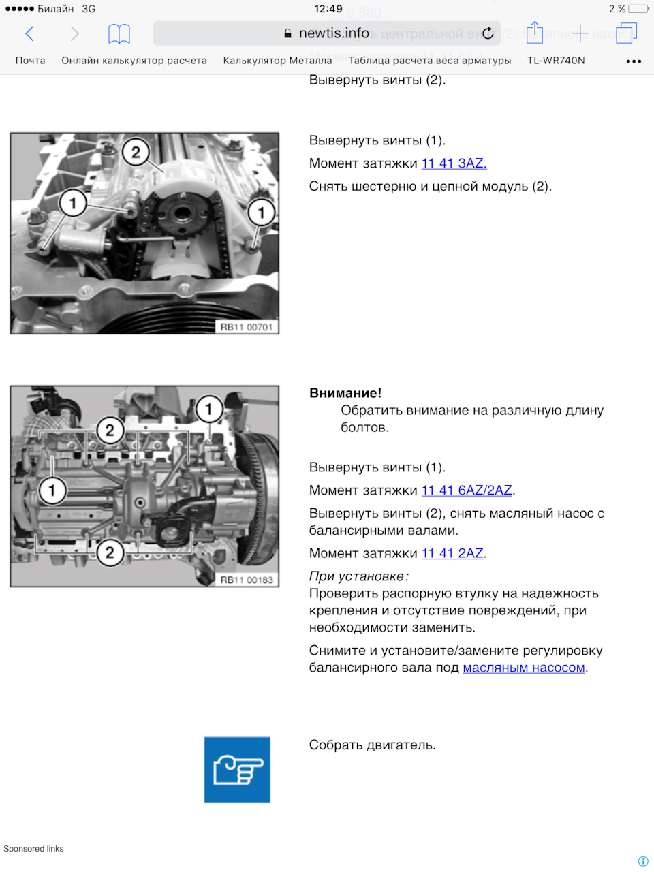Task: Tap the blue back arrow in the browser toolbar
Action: [x=30, y=33]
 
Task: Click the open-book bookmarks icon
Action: [x=119, y=33]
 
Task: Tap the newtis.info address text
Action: [x=333, y=33]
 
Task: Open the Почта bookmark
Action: [x=31, y=61]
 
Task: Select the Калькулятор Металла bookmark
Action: [x=277, y=61]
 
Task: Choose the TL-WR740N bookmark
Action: [x=556, y=61]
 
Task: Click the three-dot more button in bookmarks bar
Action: [x=634, y=61]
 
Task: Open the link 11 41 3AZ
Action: [x=454, y=163]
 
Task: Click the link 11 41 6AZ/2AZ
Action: [x=467, y=490]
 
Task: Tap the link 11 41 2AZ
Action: [x=452, y=553]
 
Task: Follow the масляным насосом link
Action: [x=524, y=668]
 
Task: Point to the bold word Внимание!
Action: [x=345, y=393]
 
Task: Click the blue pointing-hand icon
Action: [x=237, y=770]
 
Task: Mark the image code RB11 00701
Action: [x=247, y=328]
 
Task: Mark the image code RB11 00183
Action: [x=247, y=580]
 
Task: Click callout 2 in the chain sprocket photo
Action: [x=136, y=152]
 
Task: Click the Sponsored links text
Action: [x=33, y=849]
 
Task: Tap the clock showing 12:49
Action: [x=328, y=9]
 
